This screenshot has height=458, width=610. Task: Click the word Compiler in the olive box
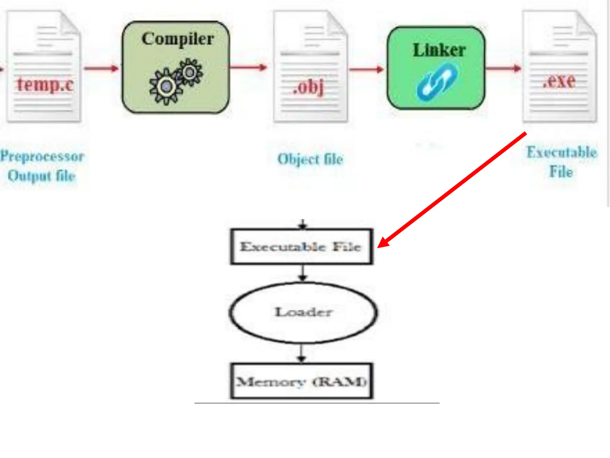click(x=178, y=39)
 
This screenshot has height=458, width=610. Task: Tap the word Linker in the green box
click(x=439, y=50)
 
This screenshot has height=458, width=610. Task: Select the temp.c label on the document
click(x=45, y=84)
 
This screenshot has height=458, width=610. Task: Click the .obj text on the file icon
click(x=309, y=88)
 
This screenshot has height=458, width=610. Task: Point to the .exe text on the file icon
click(x=559, y=81)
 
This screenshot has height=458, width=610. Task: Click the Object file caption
click(x=310, y=159)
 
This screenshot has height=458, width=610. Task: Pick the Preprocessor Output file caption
click(x=42, y=166)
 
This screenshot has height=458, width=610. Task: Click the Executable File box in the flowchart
click(x=301, y=247)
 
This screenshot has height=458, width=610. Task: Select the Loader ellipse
click(x=303, y=312)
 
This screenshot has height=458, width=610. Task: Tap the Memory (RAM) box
click(x=301, y=381)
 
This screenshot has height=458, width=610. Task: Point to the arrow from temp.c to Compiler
click(x=101, y=69)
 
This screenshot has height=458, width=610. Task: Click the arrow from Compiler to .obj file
click(x=248, y=67)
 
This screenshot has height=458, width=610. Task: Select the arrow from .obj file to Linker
click(x=366, y=69)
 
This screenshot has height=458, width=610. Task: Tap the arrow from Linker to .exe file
click(x=503, y=69)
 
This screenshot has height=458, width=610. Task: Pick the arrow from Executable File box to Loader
click(x=303, y=273)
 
